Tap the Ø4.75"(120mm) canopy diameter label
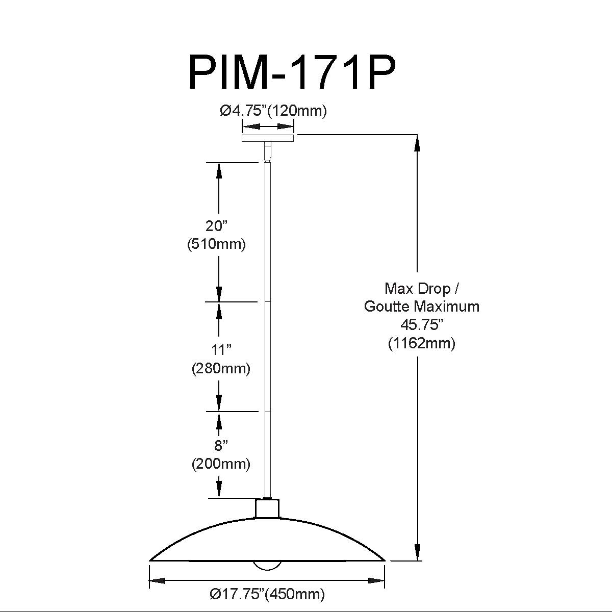[273, 111]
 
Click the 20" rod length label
[217, 226]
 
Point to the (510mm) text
[217, 245]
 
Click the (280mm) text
[221, 368]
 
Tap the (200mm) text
[221, 464]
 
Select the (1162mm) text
[422, 343]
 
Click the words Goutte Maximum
[422, 307]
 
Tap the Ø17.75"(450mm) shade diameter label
[267, 594]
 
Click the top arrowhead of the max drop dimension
[417, 144]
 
